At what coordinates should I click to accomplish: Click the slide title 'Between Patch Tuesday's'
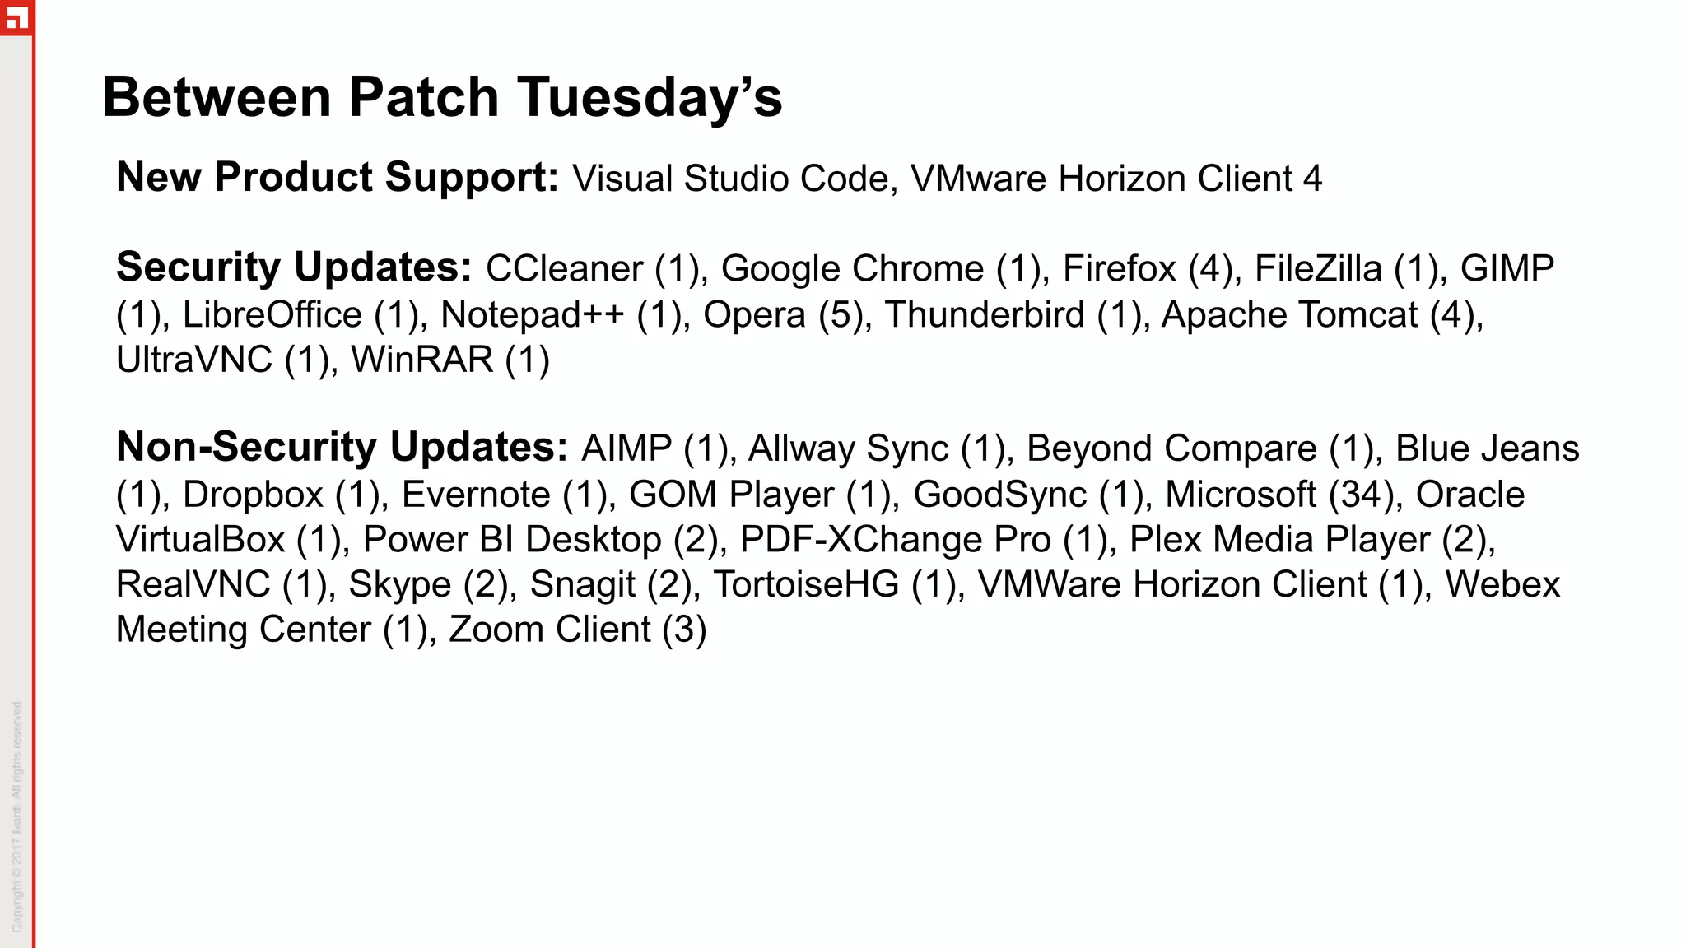442,97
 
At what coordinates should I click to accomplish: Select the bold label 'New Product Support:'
338,177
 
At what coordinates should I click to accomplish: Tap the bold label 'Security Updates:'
294,267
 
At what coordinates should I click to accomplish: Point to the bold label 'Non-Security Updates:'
342,447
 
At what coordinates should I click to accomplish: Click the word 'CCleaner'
564,269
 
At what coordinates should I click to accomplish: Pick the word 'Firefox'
1119,269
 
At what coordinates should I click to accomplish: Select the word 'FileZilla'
1317,269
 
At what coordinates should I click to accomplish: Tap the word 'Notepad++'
532,315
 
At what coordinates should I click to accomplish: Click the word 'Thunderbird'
985,315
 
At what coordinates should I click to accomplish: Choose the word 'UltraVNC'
193,360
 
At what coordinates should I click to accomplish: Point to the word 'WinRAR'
421,360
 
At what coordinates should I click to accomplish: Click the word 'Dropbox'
253,495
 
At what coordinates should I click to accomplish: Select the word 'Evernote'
476,495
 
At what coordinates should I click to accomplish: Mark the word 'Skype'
399,584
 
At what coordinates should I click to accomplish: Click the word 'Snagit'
582,584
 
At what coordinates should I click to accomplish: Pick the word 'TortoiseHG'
806,584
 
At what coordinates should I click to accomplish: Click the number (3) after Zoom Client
684,630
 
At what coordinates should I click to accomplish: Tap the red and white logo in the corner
16,17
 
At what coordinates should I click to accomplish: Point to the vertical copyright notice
16,815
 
